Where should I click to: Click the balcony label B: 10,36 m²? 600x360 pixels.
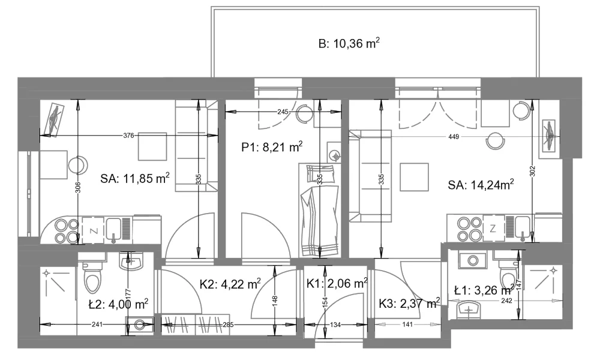point(349,43)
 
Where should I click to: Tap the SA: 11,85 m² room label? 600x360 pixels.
point(135,178)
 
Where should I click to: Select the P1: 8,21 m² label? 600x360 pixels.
point(272,147)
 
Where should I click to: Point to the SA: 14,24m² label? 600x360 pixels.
point(481,185)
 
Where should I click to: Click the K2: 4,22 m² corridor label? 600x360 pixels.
point(230,284)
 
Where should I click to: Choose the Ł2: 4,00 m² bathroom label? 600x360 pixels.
point(118,305)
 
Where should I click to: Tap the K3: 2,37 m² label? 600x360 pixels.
point(409,304)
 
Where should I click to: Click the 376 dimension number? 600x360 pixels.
point(128,135)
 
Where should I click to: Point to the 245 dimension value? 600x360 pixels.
point(283,112)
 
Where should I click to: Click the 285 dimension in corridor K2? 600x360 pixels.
point(228,325)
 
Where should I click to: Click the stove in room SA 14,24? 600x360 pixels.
point(470,229)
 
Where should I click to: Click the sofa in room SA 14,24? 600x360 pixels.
point(370,176)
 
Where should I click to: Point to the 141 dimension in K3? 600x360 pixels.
point(407,325)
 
